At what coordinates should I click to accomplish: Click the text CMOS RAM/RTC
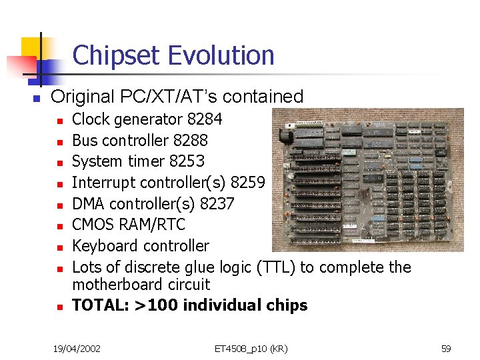pos(128,225)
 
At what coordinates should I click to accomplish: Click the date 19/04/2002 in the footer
pos(77,348)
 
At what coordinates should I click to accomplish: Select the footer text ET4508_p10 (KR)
pos(251,348)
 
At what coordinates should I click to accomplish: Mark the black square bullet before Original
pos(37,98)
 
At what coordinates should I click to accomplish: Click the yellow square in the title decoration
pos(31,48)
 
